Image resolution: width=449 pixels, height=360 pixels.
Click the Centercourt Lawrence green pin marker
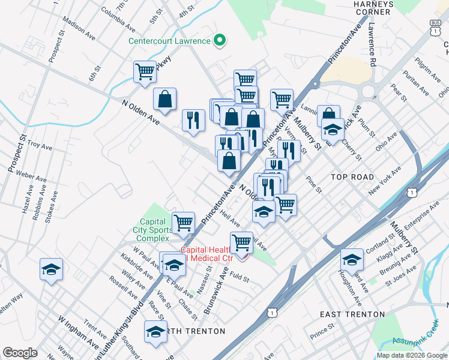coord(220,41)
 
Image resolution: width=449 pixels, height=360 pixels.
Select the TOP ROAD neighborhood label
coord(352,177)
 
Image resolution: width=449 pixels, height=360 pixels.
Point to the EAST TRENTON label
coord(352,314)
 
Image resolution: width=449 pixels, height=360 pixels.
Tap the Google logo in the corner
coord(20,353)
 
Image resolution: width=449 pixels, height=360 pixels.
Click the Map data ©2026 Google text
coord(411,355)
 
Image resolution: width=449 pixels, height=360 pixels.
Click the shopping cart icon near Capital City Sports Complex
coord(183,223)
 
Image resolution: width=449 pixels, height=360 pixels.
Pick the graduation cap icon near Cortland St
coord(352,259)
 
